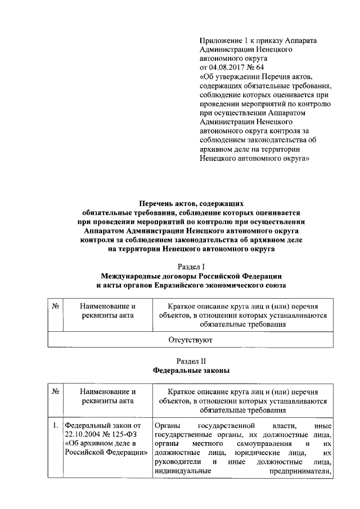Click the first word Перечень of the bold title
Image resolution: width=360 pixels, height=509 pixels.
tap(158, 204)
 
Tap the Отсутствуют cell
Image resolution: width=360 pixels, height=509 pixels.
tap(191, 340)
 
